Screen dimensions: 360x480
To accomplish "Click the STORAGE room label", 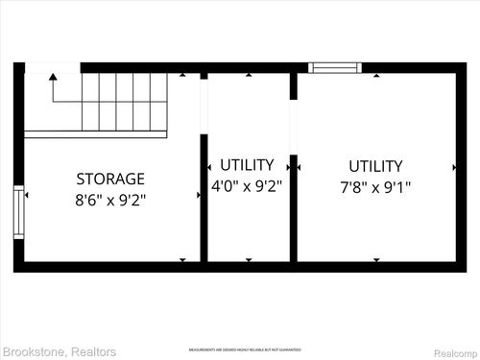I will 110,179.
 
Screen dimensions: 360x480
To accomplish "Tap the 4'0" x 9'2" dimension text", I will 247,187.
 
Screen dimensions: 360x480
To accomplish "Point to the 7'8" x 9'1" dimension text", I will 375,187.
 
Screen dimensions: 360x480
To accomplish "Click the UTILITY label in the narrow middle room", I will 247,165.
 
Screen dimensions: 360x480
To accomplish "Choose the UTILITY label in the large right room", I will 375,166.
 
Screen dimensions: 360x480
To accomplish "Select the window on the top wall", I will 335,68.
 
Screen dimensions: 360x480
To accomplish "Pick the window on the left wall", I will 18,213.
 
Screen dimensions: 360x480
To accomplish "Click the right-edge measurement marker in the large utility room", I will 454,167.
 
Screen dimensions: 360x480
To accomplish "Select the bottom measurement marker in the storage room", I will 183,259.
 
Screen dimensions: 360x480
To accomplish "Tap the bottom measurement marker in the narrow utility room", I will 248,259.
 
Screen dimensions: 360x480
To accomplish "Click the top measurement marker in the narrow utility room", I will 248,75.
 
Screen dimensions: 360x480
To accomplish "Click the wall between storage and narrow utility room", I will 204,197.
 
